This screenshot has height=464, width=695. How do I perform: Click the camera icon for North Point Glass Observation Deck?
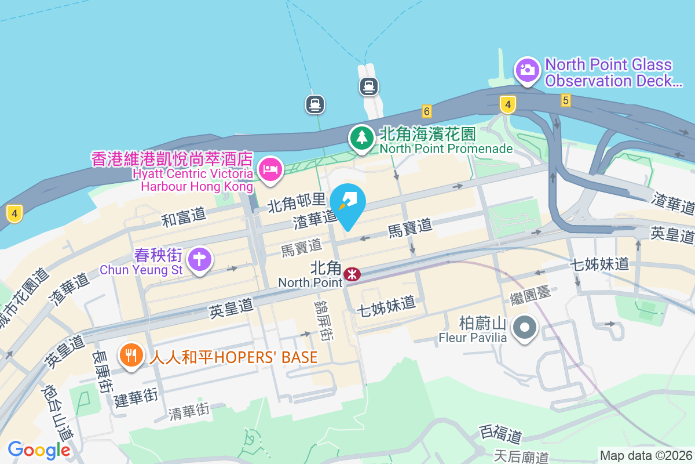[527, 71]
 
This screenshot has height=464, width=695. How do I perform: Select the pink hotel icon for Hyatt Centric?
[270, 170]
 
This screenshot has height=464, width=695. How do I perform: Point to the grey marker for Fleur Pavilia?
[525, 328]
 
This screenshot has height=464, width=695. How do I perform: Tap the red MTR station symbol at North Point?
[352, 274]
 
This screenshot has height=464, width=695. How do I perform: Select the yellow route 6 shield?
[427, 111]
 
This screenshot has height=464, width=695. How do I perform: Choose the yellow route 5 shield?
[566, 100]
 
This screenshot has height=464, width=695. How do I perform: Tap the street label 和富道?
[184, 217]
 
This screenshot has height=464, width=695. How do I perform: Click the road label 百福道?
[501, 434]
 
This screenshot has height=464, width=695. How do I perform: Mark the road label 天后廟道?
[521, 456]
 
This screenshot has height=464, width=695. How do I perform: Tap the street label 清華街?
[188, 411]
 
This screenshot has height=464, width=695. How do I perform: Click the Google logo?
[39, 449]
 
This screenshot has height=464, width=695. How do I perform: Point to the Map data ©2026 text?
[645, 455]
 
